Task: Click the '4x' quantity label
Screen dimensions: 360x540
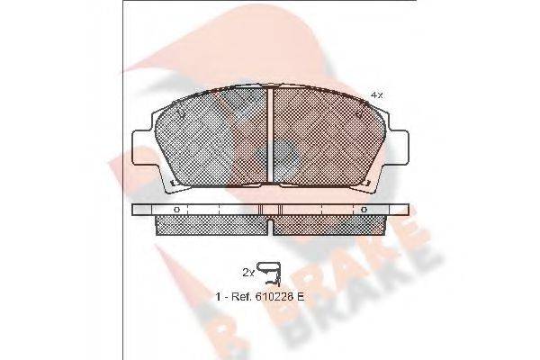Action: [376, 94]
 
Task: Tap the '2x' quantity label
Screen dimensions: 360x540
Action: [247, 270]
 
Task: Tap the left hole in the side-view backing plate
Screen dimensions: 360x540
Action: [176, 210]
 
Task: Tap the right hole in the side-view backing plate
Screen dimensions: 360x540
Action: [364, 210]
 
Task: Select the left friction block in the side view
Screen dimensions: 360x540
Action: [212, 223]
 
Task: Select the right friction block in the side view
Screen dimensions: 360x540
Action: [329, 223]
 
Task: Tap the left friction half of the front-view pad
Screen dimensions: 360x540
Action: [214, 139]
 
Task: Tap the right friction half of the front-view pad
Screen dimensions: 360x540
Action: [328, 139]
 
